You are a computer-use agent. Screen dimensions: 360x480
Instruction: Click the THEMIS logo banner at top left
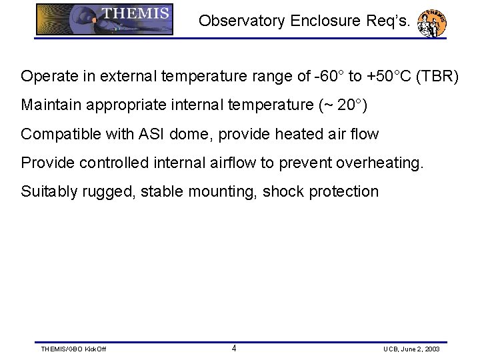click(x=105, y=19)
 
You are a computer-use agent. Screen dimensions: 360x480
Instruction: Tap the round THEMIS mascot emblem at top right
click(x=431, y=23)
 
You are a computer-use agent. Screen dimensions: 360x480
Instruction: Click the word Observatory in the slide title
click(x=241, y=21)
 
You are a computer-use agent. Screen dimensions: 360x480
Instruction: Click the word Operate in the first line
click(x=46, y=77)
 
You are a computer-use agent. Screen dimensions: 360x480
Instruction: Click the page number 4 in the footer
click(x=233, y=348)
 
